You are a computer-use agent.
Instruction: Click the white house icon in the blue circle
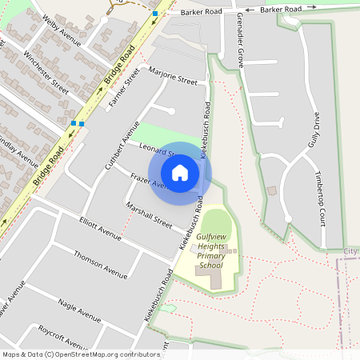[180, 173]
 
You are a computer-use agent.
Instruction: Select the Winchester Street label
[46, 69]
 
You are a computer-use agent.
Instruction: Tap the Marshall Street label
[149, 214]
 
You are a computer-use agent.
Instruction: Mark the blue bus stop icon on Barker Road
[154, 14]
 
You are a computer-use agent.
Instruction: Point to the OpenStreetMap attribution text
[81, 354]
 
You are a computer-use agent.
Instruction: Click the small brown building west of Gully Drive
[270, 190]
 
